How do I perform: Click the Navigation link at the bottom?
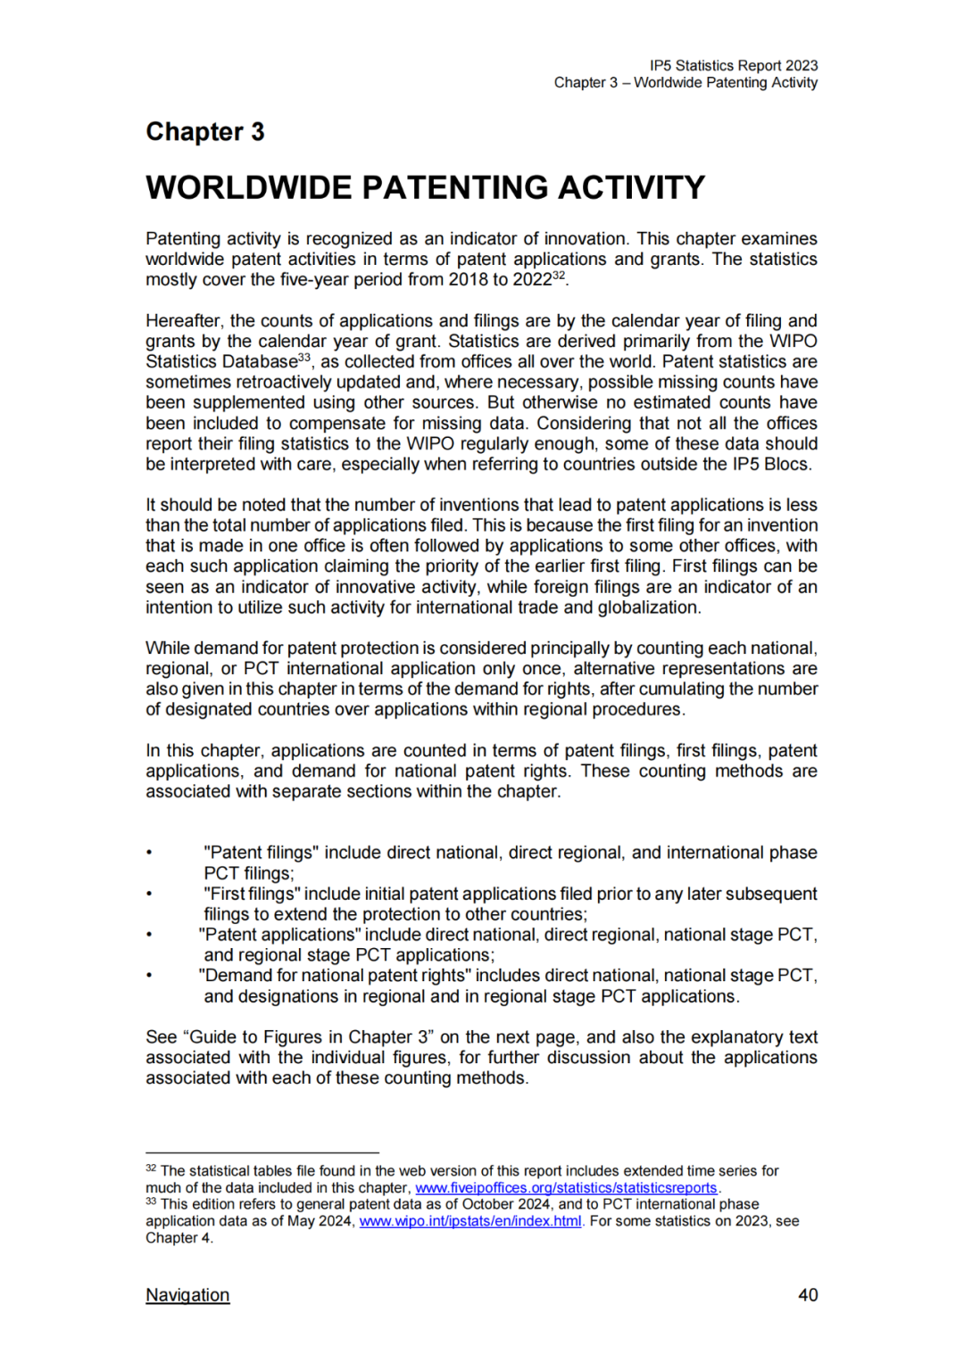click(x=187, y=1294)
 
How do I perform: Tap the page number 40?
click(x=807, y=1294)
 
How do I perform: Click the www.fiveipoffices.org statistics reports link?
click(x=566, y=1188)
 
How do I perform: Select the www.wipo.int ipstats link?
click(x=470, y=1221)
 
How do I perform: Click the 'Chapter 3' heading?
click(x=205, y=132)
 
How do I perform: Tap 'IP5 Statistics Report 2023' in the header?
click(x=733, y=65)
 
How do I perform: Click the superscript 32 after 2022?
click(x=559, y=276)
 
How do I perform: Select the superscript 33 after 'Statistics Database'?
click(x=304, y=358)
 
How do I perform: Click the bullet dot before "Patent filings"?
click(x=150, y=854)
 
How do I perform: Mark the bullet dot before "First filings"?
click(x=150, y=895)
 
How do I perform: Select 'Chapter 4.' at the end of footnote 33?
click(x=179, y=1238)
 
